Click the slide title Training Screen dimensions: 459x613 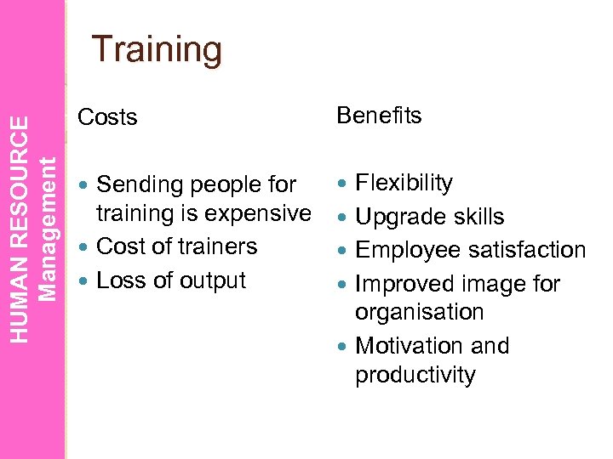point(158,49)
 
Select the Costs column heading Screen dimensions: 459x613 point(107,117)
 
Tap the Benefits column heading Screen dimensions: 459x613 point(379,116)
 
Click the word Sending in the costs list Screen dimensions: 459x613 point(140,184)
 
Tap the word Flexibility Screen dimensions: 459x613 point(404,183)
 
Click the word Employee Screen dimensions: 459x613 point(406,251)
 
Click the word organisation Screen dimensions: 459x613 point(419,312)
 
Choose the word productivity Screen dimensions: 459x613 point(415,376)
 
